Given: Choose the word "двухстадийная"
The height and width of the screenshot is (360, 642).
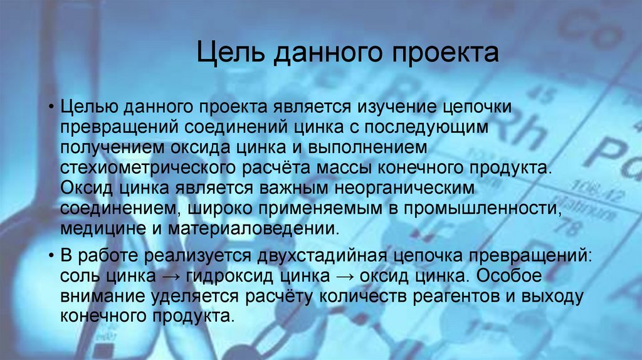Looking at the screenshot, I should (298, 256).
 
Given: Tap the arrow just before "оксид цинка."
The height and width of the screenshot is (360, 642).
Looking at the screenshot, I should (344, 275).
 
